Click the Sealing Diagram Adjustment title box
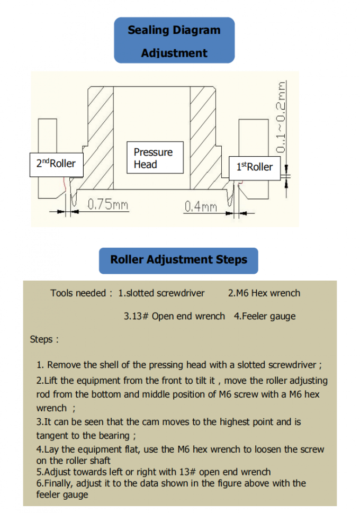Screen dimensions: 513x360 (x=174, y=41)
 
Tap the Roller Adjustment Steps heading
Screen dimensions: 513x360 (x=178, y=260)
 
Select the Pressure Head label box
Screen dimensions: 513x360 (x=154, y=158)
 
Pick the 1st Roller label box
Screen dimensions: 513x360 (x=255, y=167)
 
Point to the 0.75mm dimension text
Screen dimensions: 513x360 (x=107, y=204)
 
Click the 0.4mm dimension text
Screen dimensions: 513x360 (x=201, y=206)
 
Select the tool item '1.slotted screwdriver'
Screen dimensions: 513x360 (x=161, y=293)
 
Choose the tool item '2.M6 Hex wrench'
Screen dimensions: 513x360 (x=264, y=293)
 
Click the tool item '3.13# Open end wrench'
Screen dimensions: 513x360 (x=174, y=317)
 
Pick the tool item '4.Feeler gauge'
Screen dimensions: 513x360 (x=265, y=317)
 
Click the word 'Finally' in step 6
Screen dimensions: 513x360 (x=59, y=483)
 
